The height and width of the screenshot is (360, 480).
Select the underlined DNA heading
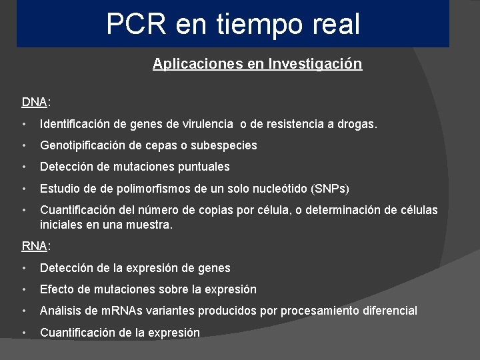click(34, 102)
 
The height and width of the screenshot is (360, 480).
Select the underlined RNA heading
click(34, 246)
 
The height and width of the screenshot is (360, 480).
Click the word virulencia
click(207, 124)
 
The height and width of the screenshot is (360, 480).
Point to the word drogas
click(358, 124)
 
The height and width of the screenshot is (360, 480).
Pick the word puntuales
click(202, 167)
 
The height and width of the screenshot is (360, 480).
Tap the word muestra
click(149, 225)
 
